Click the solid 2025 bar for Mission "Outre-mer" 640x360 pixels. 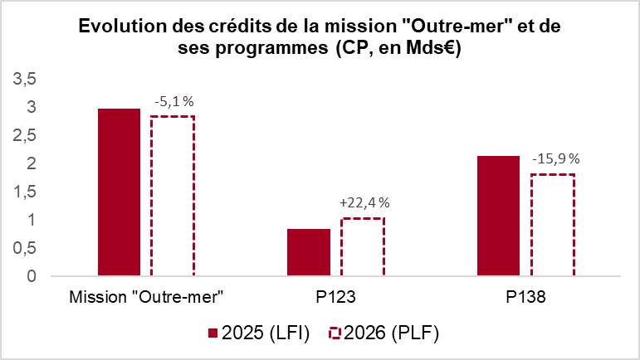point(119,192)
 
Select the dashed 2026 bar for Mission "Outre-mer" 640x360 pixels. point(172,196)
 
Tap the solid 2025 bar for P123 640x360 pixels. point(309,252)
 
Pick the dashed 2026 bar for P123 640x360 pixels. point(362,247)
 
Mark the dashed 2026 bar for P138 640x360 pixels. point(552,225)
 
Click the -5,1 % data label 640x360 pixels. point(173,102)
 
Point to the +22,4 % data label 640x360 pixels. point(364,202)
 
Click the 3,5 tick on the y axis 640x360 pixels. point(25,79)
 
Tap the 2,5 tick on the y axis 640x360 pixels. point(25,135)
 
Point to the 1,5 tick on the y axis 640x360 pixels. point(25,192)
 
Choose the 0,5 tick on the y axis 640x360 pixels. point(25,248)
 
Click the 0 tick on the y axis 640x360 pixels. point(31,276)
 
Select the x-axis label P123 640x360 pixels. point(335,296)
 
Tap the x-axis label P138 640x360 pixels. point(525,296)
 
